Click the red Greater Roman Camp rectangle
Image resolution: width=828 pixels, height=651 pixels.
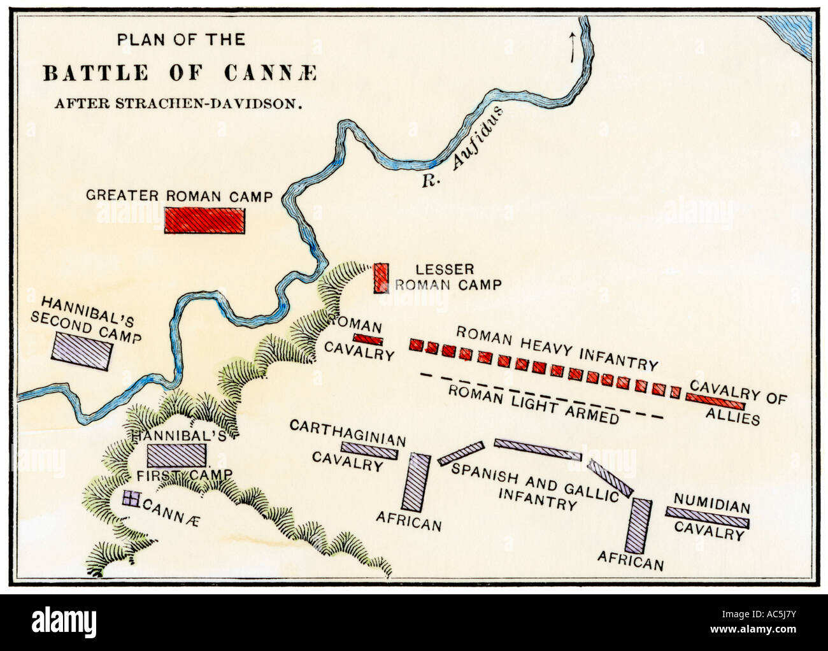tap(204, 221)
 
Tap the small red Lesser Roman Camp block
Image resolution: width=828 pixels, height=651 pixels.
tap(380, 278)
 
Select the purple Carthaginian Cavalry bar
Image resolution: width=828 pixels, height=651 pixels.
tap(369, 450)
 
